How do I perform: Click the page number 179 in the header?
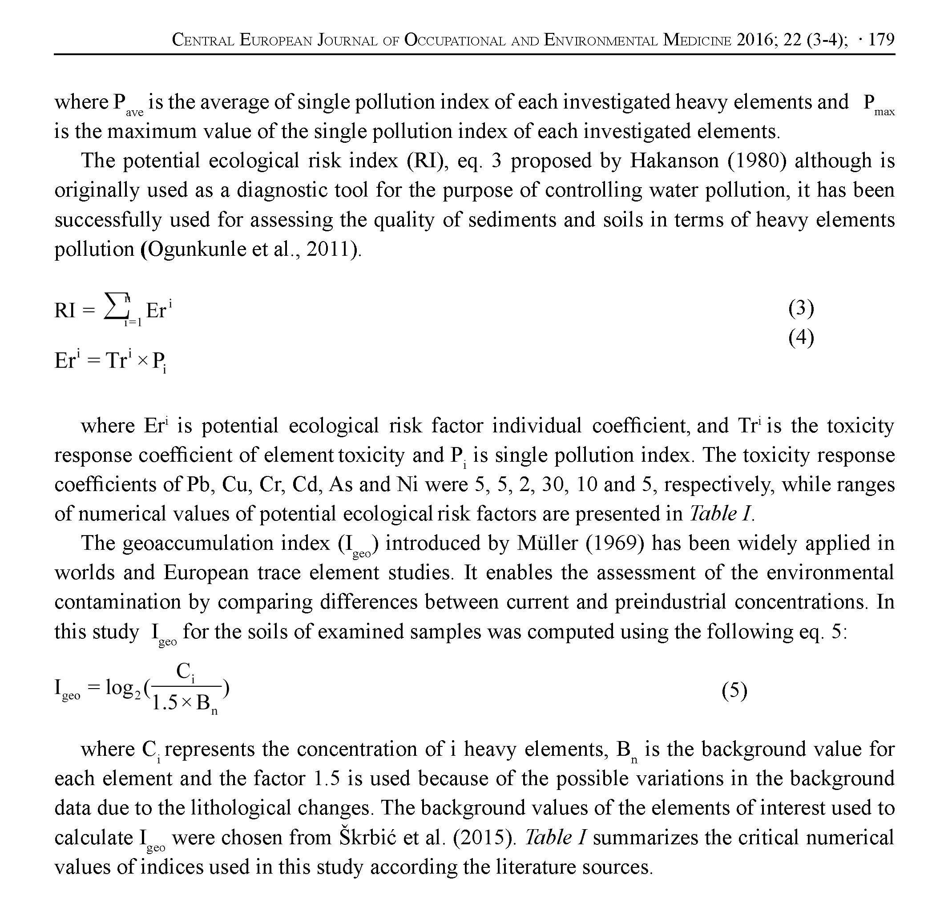click(x=881, y=40)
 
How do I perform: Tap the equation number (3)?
click(x=801, y=308)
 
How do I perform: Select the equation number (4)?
click(x=801, y=338)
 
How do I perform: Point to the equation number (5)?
click(x=734, y=691)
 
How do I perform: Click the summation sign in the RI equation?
click(x=115, y=307)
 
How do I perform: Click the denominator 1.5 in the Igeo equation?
click(x=165, y=703)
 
